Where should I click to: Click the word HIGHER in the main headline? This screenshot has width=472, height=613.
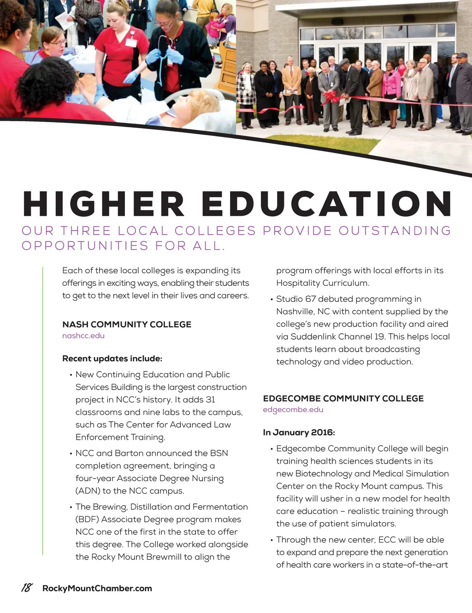(x=104, y=203)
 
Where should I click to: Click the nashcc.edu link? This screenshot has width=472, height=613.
(x=83, y=336)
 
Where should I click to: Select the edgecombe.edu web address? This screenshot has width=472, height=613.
(x=293, y=409)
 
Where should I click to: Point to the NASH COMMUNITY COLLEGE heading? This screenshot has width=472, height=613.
(x=127, y=324)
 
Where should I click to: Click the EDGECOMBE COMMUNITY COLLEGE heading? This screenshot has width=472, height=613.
(x=343, y=398)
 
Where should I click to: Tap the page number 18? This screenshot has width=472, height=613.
(x=27, y=588)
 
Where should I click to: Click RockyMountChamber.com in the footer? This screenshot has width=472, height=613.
(x=97, y=588)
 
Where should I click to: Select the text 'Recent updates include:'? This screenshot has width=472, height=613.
(x=112, y=358)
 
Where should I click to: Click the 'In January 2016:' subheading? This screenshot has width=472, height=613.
(x=299, y=432)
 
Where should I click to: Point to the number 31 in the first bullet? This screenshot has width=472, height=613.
(x=210, y=399)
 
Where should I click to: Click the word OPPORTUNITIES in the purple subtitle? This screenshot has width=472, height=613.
(x=85, y=245)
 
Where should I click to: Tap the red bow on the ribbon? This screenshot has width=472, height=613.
(x=329, y=97)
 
